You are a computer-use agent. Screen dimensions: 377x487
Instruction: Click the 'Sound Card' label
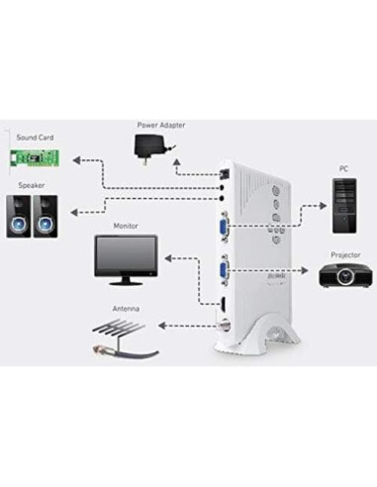coord(35,138)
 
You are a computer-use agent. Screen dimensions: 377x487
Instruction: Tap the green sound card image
coord(37,158)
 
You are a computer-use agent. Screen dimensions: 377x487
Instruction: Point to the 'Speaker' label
coord(29,185)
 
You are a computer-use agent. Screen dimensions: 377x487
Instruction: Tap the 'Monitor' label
coord(126,227)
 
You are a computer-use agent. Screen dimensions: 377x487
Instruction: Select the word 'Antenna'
coord(126,309)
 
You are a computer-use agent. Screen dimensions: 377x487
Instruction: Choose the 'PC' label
coord(343,169)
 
